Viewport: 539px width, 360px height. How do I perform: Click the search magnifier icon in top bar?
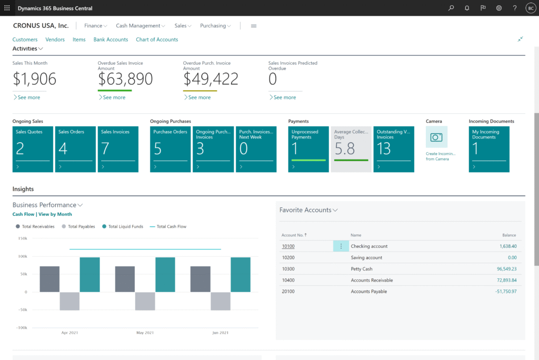tap(451, 8)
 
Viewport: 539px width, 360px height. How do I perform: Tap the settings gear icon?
tap(499, 8)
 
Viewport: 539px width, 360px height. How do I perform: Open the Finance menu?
tap(96, 26)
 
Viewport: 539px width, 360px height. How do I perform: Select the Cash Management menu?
tap(141, 26)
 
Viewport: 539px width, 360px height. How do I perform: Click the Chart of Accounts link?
tap(157, 39)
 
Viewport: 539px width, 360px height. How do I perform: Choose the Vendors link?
tap(55, 39)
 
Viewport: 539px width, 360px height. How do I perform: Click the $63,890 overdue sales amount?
tap(125, 79)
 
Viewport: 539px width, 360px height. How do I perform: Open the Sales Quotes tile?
tap(33, 149)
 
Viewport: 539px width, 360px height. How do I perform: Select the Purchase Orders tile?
tap(170, 149)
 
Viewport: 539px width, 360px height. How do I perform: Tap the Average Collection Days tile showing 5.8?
tap(351, 149)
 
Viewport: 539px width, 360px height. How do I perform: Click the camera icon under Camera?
tap(436, 137)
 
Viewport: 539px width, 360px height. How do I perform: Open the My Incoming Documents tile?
tap(489, 149)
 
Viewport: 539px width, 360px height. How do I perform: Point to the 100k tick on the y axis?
tap(22, 256)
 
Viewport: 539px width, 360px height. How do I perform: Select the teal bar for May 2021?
tap(165, 274)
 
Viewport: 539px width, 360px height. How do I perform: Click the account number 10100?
tap(288, 246)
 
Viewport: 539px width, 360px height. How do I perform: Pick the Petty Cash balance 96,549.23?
tap(504, 269)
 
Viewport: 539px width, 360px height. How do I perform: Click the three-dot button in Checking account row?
tap(341, 246)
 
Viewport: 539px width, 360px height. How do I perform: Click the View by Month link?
tap(55, 214)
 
